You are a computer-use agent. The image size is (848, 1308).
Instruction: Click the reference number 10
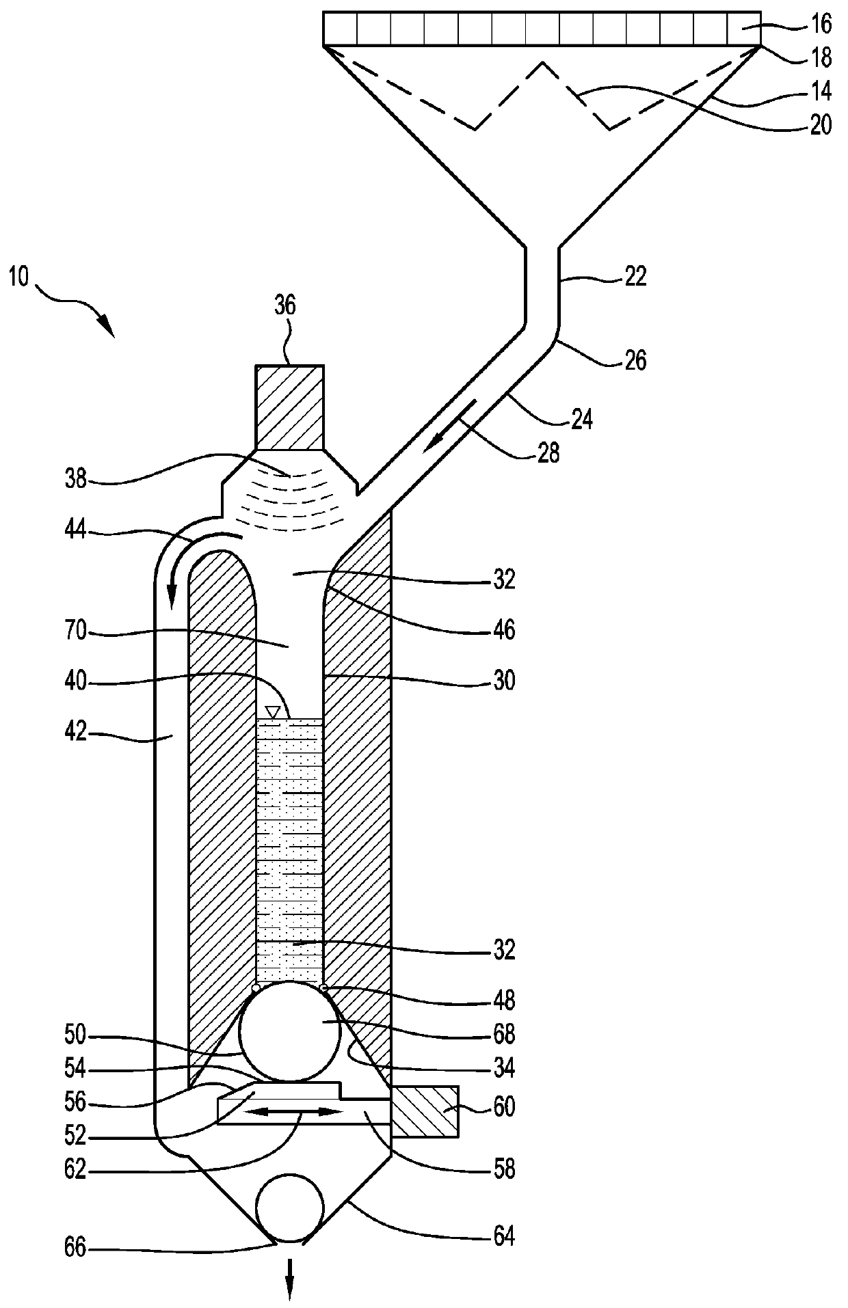20,278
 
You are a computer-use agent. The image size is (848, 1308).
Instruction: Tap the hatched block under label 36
289,407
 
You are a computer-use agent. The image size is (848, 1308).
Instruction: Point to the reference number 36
285,305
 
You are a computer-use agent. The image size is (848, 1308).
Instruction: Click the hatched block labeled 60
424,1111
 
